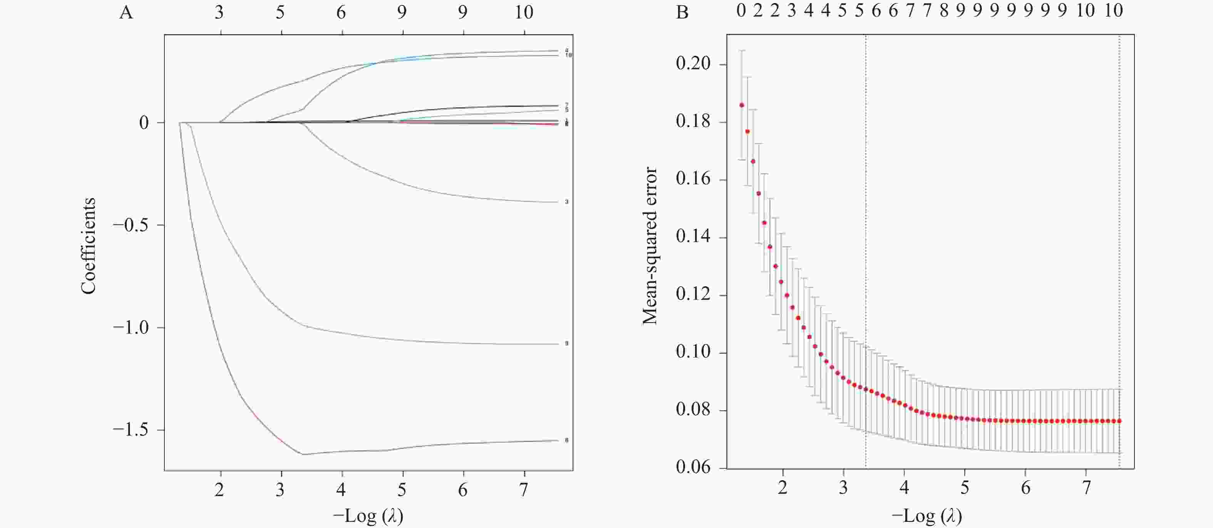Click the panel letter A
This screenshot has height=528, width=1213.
[x=126, y=13]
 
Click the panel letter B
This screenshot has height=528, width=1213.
[x=682, y=13]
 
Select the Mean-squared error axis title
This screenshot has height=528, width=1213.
[x=650, y=246]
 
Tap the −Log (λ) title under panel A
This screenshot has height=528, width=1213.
[x=368, y=516]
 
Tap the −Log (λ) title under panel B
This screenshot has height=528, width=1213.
[x=927, y=516]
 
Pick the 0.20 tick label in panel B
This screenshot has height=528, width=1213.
[x=693, y=63]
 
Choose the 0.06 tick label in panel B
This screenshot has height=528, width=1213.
[x=693, y=467]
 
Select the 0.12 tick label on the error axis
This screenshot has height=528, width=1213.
[x=693, y=294]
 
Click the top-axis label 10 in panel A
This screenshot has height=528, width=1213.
[x=524, y=12]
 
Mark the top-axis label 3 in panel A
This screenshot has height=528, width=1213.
[x=219, y=12]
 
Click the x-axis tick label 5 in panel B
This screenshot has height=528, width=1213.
[x=965, y=488]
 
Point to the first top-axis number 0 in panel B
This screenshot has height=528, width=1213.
[x=741, y=10]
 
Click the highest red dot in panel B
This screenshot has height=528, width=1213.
[x=742, y=105]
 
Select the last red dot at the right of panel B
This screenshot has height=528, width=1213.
[x=1119, y=421]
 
